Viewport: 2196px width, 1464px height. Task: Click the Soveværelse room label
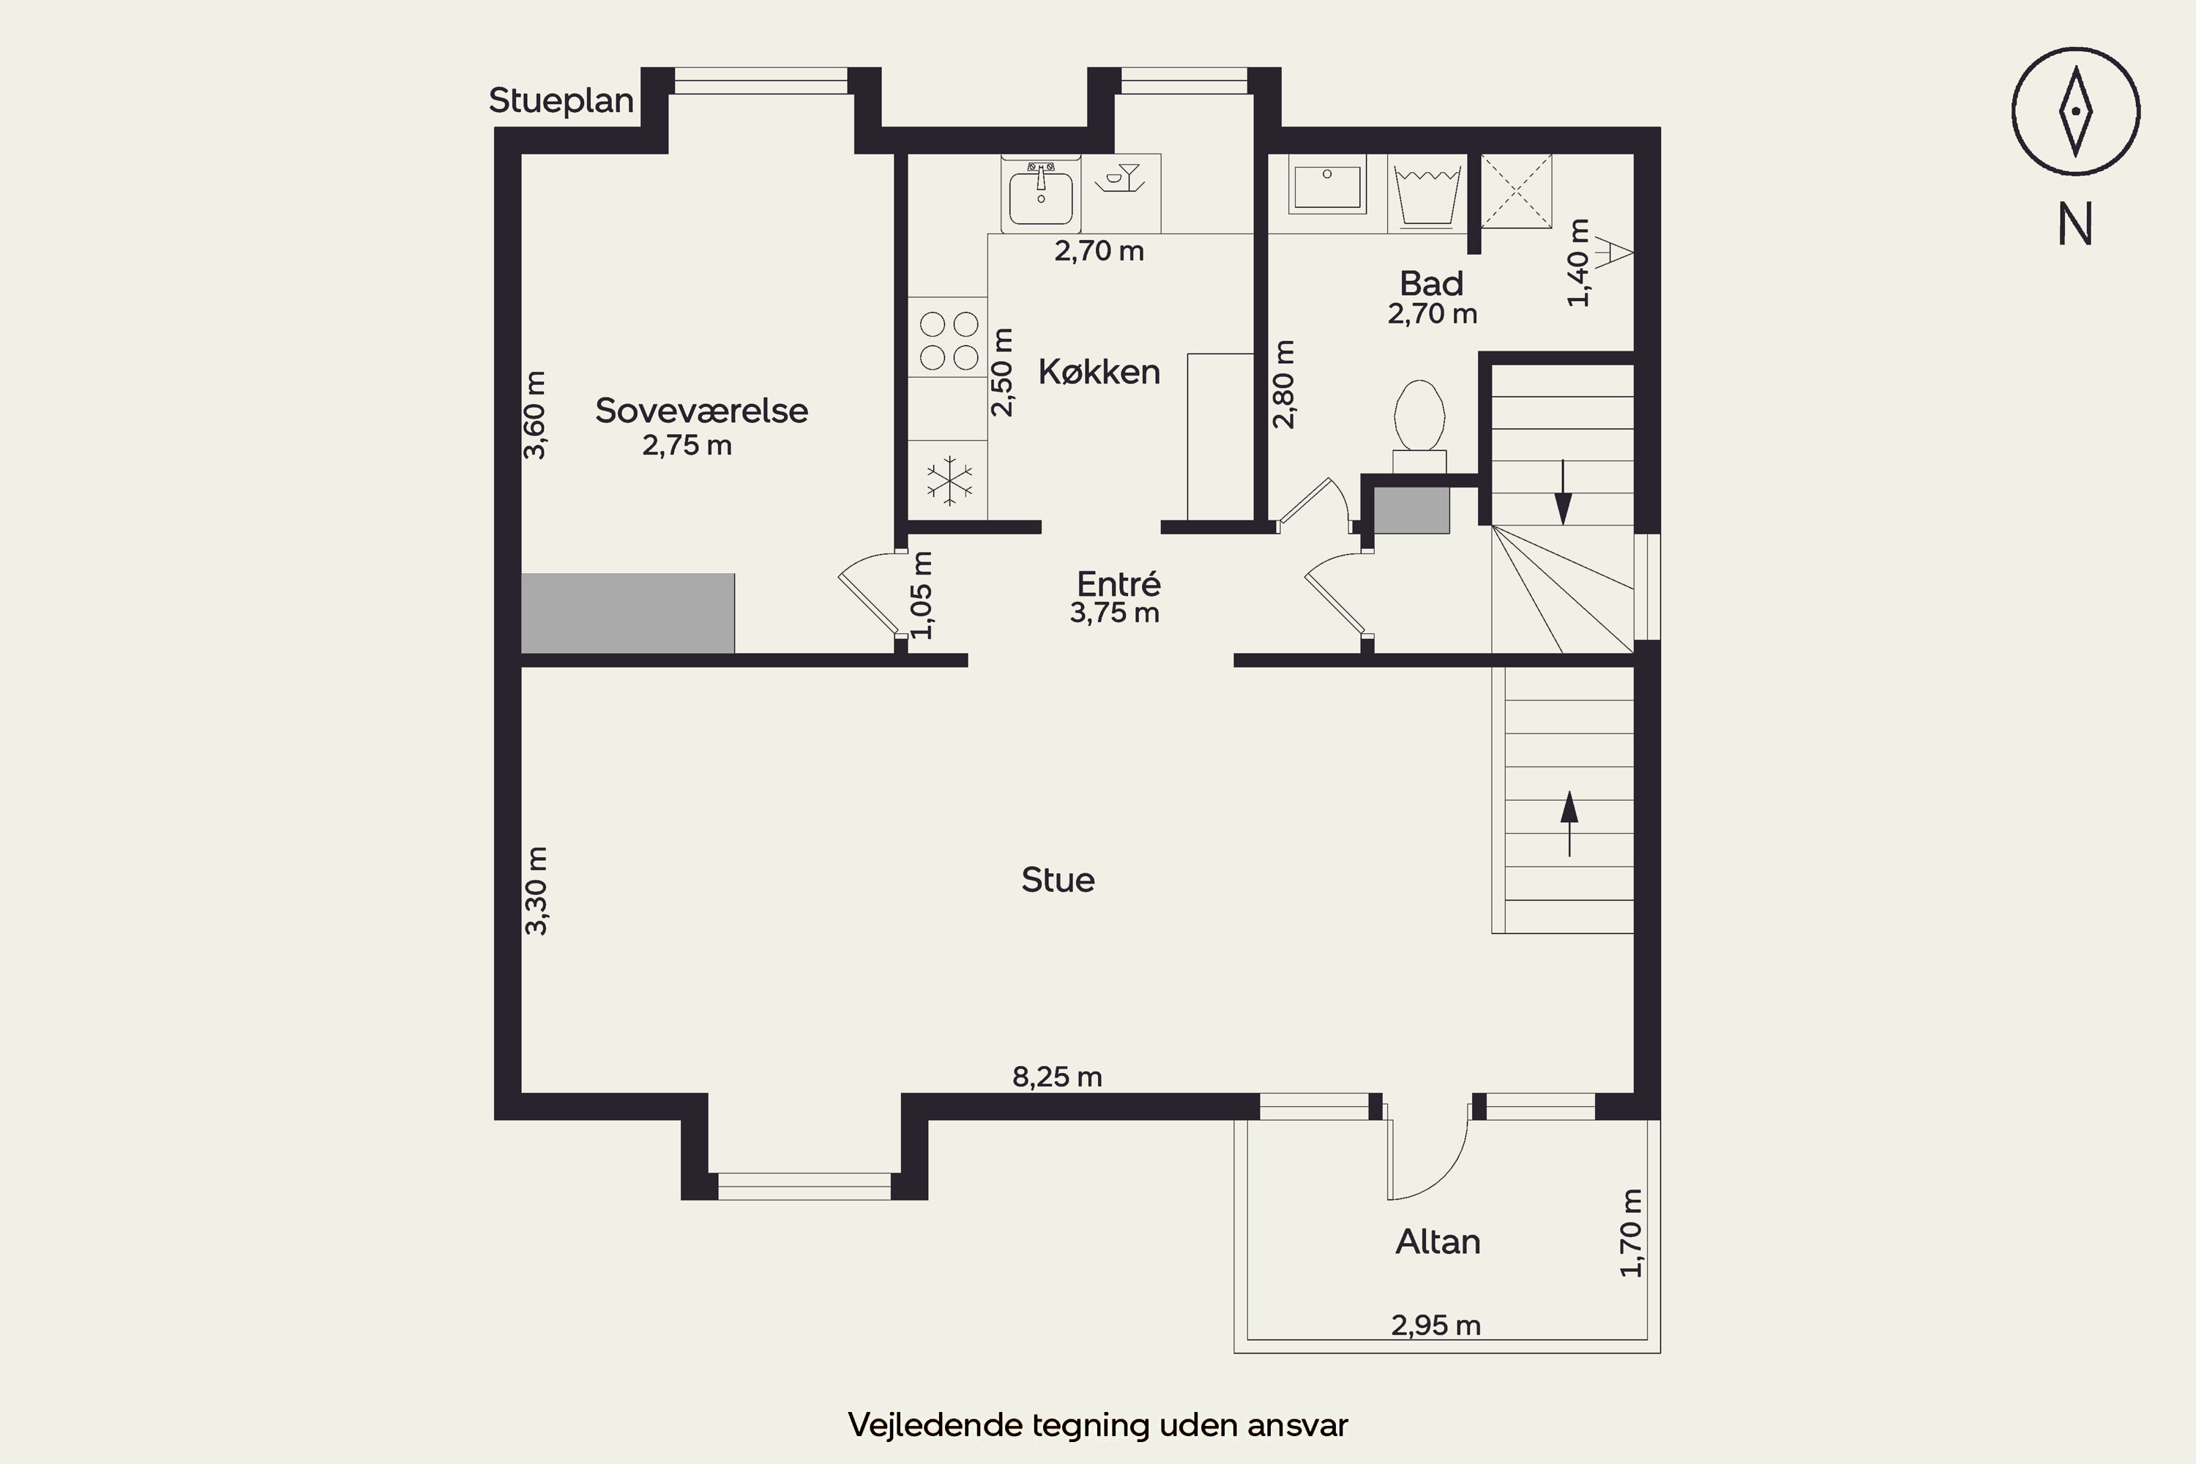tap(701, 411)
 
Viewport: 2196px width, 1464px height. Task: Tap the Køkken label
tap(1099, 372)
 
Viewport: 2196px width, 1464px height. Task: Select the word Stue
tap(1058, 880)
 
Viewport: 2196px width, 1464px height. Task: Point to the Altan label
tap(1438, 1241)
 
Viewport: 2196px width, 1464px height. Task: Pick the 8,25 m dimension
tap(1057, 1077)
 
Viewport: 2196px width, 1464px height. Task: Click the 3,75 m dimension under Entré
tap(1115, 613)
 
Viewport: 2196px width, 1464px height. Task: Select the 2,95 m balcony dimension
tap(1436, 1325)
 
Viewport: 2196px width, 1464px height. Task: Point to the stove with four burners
tap(948, 338)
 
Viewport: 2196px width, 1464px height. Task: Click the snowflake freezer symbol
tap(949, 482)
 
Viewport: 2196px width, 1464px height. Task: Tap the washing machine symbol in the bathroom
tap(1427, 194)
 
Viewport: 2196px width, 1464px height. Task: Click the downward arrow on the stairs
tap(1562, 492)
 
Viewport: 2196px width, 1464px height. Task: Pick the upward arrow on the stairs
tap(1569, 823)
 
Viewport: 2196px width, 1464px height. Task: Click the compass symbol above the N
tap(2075, 112)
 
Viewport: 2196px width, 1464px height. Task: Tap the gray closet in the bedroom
tap(627, 613)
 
